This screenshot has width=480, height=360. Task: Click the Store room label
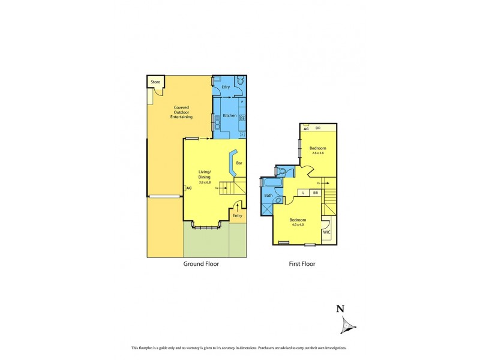click(155, 82)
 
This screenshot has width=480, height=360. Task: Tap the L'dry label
click(226, 88)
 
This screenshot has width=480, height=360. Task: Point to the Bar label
click(239, 163)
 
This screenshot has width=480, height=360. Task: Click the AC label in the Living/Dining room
click(189, 188)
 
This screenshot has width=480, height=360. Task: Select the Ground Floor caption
click(201, 263)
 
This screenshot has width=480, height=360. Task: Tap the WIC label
click(327, 232)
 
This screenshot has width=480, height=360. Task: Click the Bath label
click(268, 196)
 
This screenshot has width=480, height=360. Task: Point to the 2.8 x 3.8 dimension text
click(317, 153)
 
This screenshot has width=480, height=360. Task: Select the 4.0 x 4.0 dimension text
click(298, 224)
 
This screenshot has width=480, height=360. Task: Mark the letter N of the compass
click(340, 309)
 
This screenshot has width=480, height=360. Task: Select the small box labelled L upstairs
click(304, 193)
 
